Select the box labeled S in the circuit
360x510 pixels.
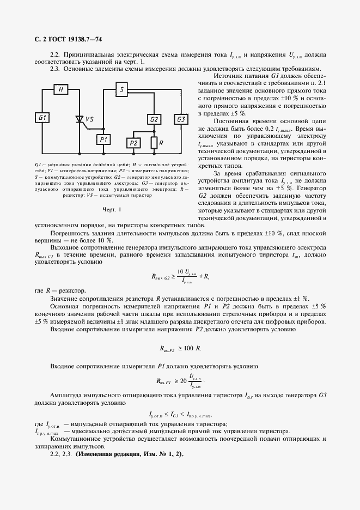click(x=123, y=89)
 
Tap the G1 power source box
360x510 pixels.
click(x=43, y=118)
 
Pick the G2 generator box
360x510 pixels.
click(x=154, y=119)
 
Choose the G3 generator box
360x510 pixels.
click(x=180, y=119)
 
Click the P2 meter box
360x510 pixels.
click(x=133, y=143)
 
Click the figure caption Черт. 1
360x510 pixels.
click(x=111, y=209)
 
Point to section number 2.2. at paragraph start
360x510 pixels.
click(x=54, y=55)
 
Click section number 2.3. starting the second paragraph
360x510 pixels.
click(x=54, y=70)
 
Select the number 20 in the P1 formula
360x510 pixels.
click(x=183, y=381)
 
